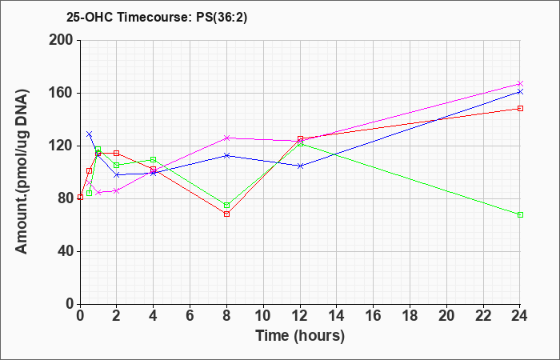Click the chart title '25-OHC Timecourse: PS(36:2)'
coord(157,18)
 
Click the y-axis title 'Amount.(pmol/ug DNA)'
coord(22,172)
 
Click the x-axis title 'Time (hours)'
coord(300,336)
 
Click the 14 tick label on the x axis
coord(337,316)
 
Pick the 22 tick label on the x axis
coord(483,316)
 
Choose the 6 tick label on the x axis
coord(190,316)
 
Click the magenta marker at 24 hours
coord(520,83)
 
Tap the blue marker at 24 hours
coord(520,92)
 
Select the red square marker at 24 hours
coord(520,108)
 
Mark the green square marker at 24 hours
coord(520,214)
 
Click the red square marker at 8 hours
coord(226,214)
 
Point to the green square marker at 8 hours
coord(226,206)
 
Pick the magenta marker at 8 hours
coord(226,138)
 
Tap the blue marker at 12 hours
coord(300,166)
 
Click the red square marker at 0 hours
coord(80,197)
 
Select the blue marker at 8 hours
coord(226,155)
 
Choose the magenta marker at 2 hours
coord(117,191)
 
